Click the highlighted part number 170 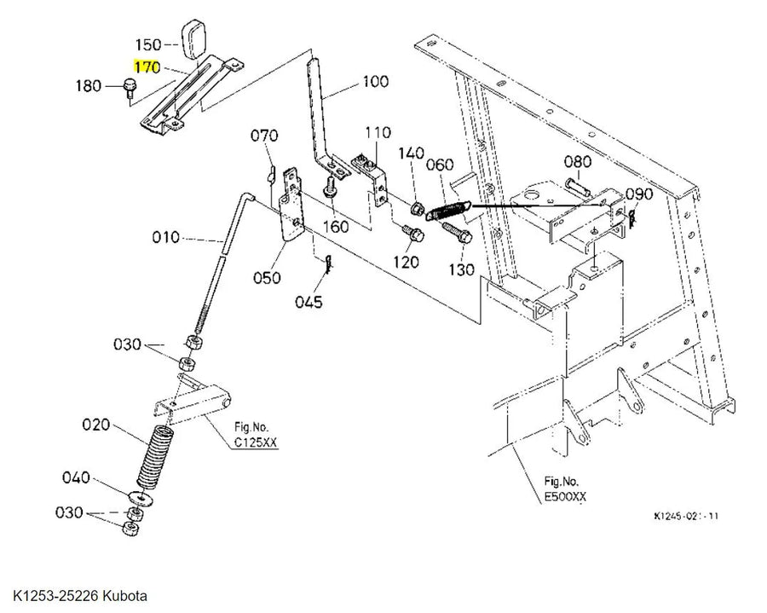coord(147,67)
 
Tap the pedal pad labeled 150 coord(193,39)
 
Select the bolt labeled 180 coord(130,88)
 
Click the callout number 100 coord(375,81)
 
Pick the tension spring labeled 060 coord(448,210)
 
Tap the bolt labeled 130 coord(457,233)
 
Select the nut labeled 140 coord(417,209)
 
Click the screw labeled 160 coord(330,187)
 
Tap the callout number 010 coord(166,238)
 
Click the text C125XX coord(256,442)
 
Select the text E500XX coord(565,496)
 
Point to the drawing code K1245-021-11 coord(686,516)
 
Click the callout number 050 coord(267,278)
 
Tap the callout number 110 coord(378,133)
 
